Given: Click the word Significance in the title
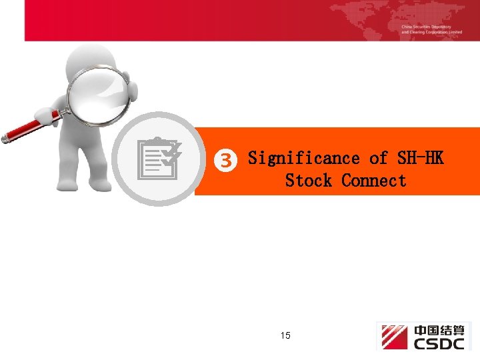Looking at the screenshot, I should (x=303, y=158).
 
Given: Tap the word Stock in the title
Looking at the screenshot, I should (x=308, y=181).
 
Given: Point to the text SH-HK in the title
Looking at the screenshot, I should (x=420, y=158).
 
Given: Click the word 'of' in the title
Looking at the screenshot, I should (x=379, y=158).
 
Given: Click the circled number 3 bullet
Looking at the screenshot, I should (x=227, y=160).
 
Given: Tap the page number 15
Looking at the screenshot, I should (x=285, y=335).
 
